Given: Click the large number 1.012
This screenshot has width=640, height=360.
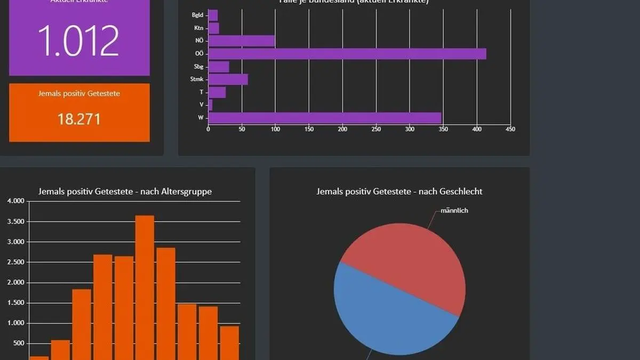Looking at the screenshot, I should [x=79, y=41].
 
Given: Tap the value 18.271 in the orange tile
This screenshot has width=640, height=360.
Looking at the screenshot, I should [x=79, y=118].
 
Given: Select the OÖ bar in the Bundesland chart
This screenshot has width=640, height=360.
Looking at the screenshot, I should [x=347, y=53].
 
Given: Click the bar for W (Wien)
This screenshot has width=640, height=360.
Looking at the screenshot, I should [x=324, y=117].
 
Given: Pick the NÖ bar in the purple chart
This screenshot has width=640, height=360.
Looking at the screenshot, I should [x=241, y=41].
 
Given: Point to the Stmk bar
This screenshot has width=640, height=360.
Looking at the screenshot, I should [x=228, y=79].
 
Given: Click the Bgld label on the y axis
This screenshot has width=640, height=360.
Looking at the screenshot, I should [x=197, y=15].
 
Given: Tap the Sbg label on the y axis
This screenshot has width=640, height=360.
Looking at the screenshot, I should [x=198, y=67].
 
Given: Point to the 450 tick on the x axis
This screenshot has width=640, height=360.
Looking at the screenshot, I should [x=510, y=129].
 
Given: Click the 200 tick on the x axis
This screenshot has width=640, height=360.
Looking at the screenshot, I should [x=342, y=129].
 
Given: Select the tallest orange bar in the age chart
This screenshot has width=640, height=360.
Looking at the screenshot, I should [x=145, y=288].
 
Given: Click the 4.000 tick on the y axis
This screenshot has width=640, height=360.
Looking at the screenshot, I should [x=15, y=201].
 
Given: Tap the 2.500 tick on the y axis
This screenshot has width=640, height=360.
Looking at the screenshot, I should [x=15, y=262].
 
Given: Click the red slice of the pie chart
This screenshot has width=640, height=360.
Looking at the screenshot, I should [x=411, y=261].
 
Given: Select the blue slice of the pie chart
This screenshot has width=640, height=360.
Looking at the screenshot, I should [x=384, y=315].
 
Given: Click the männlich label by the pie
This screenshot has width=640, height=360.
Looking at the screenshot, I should [x=454, y=211].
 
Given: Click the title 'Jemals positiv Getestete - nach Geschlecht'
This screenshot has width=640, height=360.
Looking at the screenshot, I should [x=399, y=191].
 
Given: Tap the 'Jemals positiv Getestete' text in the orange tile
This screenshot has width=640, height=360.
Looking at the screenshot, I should [x=79, y=94].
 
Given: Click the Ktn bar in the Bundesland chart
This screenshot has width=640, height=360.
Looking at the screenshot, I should [x=213, y=28].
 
